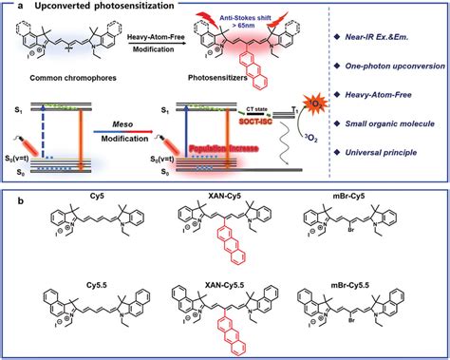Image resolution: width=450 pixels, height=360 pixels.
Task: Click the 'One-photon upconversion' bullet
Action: click(398, 69)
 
